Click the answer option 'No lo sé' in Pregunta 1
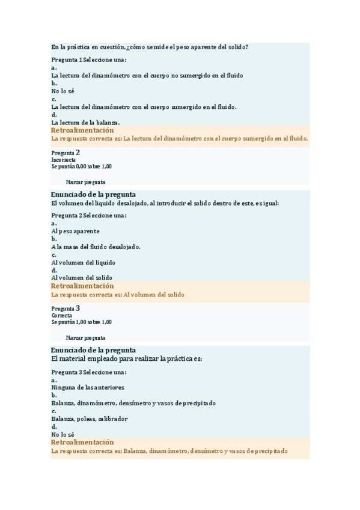tap(63, 91)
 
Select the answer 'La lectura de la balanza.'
tap(85, 122)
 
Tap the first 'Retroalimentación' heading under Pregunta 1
tap(82, 131)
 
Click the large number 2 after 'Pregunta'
tap(78, 153)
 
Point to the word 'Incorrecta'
tap(64, 160)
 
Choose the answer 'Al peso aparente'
tap(76, 231)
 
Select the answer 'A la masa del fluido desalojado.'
tap(96, 247)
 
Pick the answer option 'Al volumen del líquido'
tap(83, 262)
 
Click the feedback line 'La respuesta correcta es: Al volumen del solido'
tap(118, 295)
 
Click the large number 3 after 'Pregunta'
tap(78, 308)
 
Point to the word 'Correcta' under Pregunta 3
tap(62, 315)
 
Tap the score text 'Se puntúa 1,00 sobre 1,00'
tap(81, 322)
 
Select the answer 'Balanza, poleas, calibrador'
tap(90, 419)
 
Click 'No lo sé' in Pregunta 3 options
tap(63, 434)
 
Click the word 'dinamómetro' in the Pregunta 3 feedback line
tap(171, 450)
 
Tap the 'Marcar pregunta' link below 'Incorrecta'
tap(85, 182)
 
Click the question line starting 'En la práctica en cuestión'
tap(150, 47)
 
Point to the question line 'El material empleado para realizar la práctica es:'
tap(127, 358)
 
